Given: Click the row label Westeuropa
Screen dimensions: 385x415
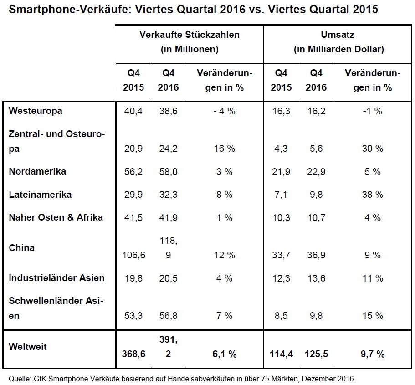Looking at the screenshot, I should click(x=36, y=111).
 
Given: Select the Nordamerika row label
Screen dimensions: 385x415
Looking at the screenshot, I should click(x=37, y=171).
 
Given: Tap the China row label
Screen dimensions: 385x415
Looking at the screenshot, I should click(x=22, y=248).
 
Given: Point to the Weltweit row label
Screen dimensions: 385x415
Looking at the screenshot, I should click(x=28, y=346).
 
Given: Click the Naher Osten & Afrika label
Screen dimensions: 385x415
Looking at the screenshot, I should click(x=56, y=217).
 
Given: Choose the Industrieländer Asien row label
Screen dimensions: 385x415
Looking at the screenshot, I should click(x=56, y=278).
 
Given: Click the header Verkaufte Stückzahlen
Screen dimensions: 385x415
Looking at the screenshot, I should click(x=189, y=35).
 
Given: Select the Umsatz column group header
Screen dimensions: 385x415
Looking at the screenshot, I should click(x=339, y=35).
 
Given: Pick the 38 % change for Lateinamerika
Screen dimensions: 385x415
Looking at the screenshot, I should click(x=373, y=195).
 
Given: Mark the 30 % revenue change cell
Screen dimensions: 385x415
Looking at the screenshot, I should click(x=373, y=149).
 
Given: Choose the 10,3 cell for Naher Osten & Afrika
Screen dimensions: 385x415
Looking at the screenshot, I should click(x=281, y=218).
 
